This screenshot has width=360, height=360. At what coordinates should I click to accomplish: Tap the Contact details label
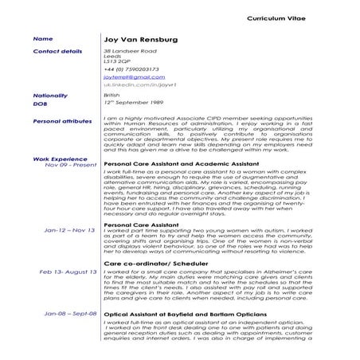pos(57,51)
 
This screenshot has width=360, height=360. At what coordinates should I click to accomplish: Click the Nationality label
pos(51,96)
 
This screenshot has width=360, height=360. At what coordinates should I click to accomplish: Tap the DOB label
pos(41,104)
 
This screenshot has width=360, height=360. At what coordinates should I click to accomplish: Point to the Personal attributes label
pos(63,121)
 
